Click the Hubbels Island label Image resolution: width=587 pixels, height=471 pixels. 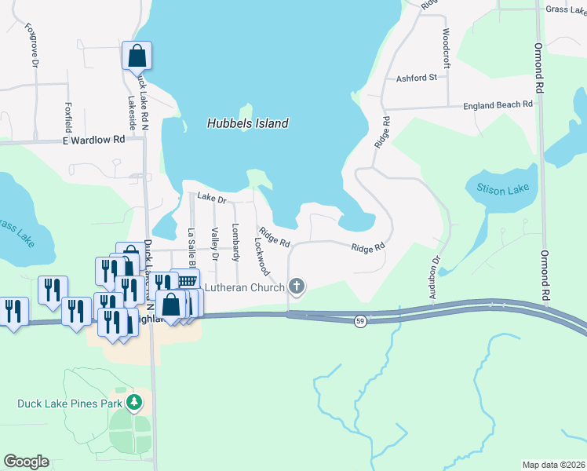point(248,123)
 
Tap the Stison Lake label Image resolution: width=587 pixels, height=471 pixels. point(502,189)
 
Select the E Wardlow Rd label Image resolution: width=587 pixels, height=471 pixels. point(93,139)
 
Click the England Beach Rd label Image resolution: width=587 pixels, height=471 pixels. point(498,104)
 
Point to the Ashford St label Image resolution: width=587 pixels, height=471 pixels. point(416,78)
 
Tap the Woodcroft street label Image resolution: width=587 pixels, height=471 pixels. point(446,46)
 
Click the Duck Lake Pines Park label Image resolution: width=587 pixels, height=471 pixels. point(71,403)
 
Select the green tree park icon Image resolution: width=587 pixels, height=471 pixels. point(135,403)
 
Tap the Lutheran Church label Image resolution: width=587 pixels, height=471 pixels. point(246,287)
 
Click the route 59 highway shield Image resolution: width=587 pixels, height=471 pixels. point(359,323)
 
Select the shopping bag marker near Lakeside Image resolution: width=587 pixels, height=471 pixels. point(137,56)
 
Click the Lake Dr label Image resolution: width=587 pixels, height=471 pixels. point(211,199)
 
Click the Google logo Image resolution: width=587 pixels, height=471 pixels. point(27,461)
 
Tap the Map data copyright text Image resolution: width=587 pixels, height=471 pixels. point(553,465)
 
